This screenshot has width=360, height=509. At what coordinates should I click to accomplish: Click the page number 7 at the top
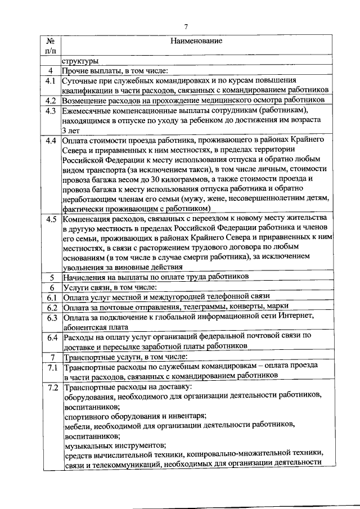coord(186,26)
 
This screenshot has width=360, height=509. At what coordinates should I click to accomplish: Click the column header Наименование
coord(195,41)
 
